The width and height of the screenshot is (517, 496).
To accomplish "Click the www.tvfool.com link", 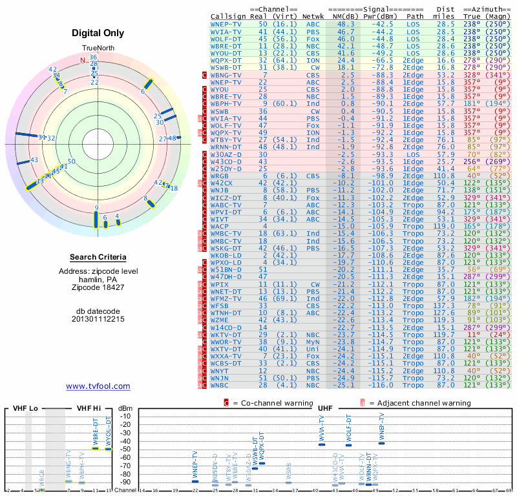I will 98,386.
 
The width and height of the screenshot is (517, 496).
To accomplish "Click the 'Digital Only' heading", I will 98,33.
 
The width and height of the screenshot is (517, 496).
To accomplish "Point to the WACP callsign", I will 221,226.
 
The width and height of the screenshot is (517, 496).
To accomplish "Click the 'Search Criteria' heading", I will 98,257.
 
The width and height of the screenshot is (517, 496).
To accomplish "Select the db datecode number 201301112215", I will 98,319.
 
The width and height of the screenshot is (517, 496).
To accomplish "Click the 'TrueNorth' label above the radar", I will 98,48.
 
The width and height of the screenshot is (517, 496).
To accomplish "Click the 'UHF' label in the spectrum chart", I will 325,409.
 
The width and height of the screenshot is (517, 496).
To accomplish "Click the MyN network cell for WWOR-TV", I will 312,342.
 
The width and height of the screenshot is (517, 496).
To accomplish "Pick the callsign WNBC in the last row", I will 221,385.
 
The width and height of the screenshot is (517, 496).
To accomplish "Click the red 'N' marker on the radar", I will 82,61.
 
